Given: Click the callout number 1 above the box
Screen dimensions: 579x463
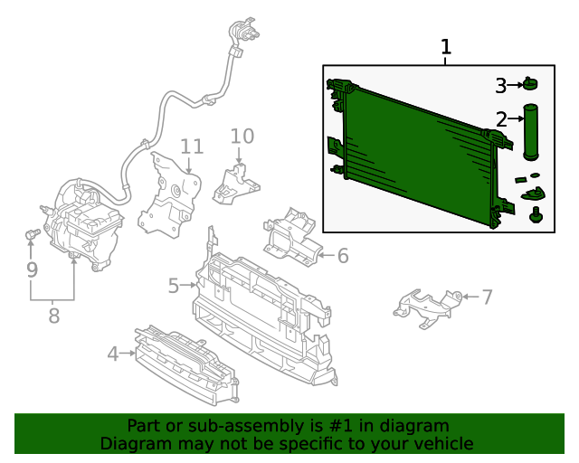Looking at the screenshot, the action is pos(446,47).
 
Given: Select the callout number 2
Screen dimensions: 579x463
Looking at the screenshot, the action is pos(501,119).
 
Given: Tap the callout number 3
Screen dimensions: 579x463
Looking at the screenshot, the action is pos(500,86).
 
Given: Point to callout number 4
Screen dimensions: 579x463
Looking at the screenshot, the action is pos(113,354).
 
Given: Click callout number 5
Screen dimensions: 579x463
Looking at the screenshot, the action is pos(174,286).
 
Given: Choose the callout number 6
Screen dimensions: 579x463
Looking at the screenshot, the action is pos(343,256).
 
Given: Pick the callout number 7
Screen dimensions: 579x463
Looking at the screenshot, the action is pos(488,297).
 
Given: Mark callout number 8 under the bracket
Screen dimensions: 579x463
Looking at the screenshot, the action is pos(54,316).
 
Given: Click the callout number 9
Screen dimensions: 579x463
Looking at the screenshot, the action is pos(33,269).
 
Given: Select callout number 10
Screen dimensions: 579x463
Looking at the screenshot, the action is pos(242,137).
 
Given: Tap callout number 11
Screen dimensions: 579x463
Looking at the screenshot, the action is pos(192,146).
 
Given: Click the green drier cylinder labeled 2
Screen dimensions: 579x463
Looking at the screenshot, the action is pos(530,132).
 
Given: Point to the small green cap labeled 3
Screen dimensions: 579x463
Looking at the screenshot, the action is pos(530,84).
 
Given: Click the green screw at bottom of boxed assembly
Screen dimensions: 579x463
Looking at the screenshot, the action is pos(536,215).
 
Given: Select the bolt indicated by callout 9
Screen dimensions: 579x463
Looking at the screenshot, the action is pos(33,233).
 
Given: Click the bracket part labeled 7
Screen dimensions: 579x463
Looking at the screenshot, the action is pos(428,308).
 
